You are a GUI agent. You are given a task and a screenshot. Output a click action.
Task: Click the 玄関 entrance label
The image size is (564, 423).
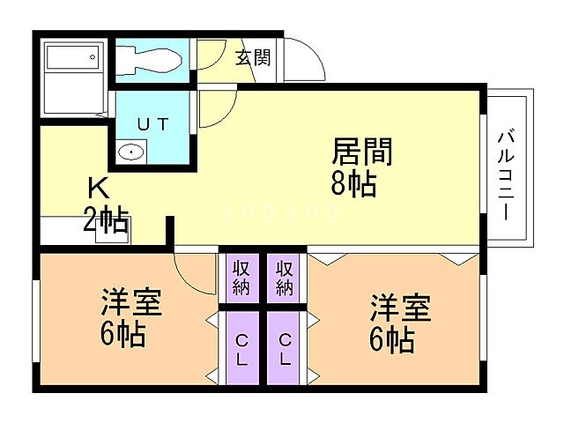[254, 58]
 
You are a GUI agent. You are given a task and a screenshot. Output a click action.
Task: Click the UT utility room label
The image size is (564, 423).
[152, 124]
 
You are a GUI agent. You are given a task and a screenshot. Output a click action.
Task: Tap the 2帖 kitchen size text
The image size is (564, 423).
[106, 218]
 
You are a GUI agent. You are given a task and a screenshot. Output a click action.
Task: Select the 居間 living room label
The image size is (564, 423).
[362, 152]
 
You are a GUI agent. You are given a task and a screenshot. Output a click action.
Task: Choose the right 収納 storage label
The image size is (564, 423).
[285, 277]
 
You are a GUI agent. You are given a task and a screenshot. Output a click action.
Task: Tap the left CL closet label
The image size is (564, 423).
[241, 350]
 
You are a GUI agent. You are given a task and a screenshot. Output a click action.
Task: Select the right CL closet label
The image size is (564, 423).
[285, 350]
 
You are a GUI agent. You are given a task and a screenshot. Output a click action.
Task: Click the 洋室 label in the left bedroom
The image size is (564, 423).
[130, 303]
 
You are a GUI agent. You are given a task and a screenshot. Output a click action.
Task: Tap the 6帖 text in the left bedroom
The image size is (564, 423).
[122, 334]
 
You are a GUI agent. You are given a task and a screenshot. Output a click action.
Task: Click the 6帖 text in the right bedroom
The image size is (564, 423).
[392, 339]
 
